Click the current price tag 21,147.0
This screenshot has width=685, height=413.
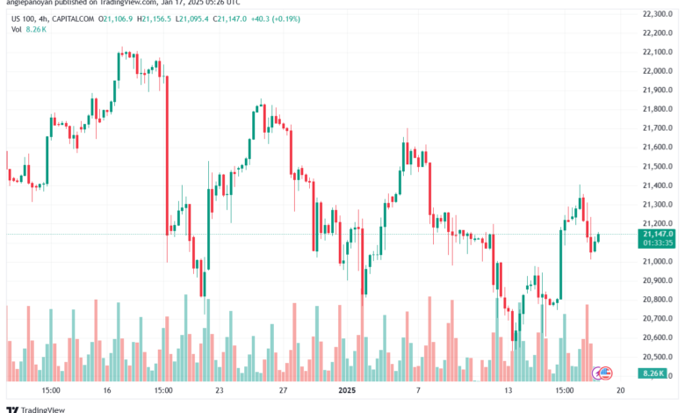[657, 234]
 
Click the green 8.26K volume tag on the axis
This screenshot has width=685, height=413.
[655, 375]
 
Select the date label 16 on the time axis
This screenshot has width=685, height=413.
[107, 389]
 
